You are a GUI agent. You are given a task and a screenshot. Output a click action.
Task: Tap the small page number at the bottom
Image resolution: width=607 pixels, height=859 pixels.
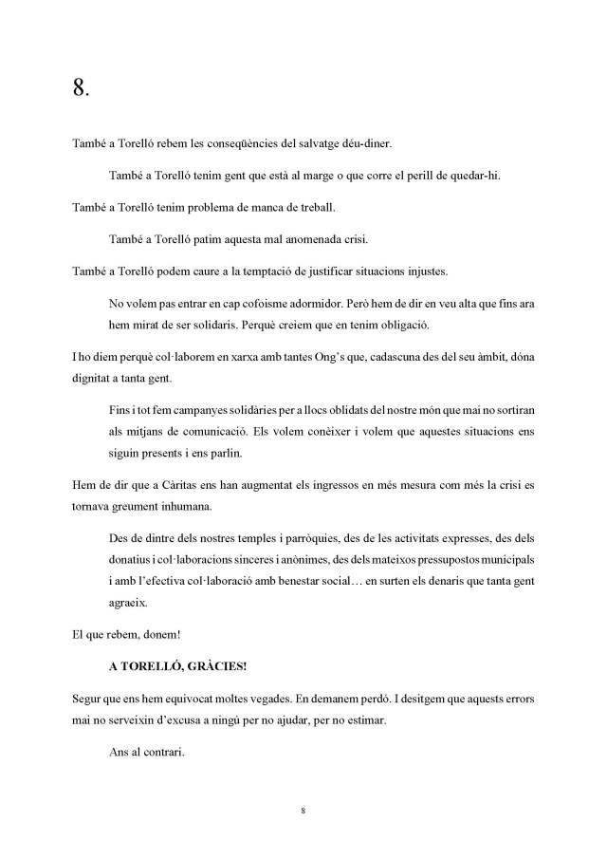point(303,812)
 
